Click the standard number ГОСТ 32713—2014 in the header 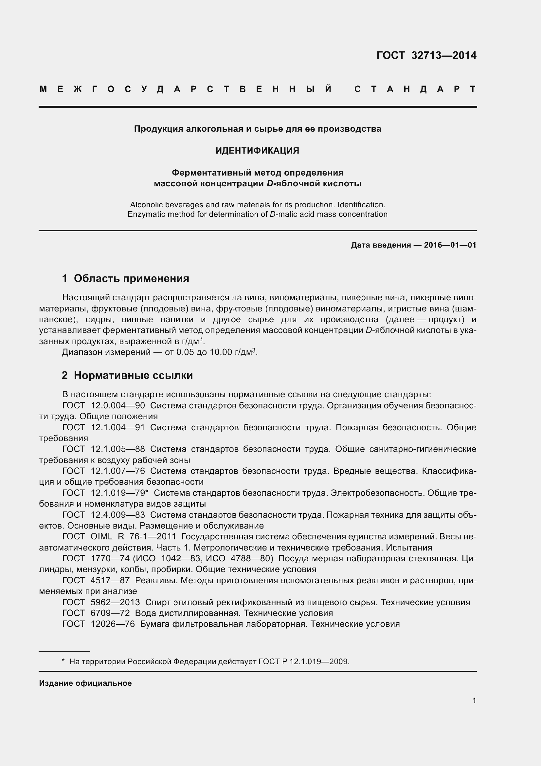426,55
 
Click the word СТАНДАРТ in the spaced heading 415,89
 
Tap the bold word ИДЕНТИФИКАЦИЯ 257,151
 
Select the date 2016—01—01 450,245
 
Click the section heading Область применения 131,278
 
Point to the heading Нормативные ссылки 133,375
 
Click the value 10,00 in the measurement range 221,352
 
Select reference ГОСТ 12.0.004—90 103,406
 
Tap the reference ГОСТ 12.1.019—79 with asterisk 105,493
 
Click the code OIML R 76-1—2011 133,537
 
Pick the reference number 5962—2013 115,603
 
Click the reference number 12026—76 112,624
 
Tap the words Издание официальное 85,683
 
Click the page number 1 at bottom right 474,701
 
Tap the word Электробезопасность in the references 377,493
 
